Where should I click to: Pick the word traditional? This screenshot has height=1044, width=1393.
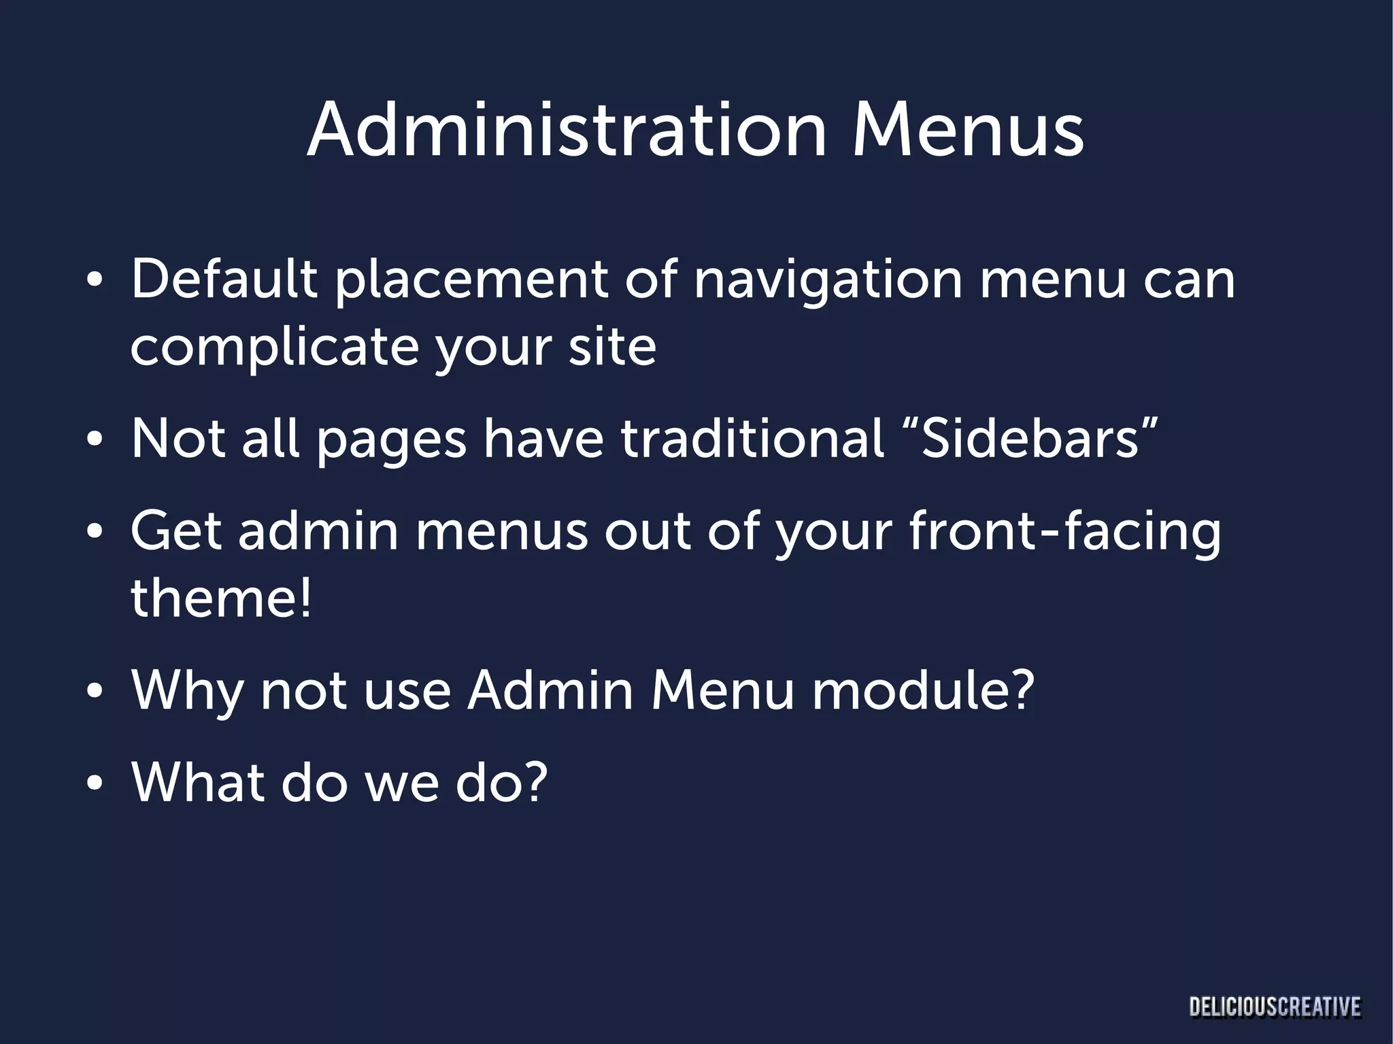point(752,438)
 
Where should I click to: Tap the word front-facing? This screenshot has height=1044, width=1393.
point(1064,532)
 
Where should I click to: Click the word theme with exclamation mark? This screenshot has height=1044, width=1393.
point(221,598)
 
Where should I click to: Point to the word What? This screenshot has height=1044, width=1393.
point(198,782)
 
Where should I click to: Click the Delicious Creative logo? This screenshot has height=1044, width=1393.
point(1275,1007)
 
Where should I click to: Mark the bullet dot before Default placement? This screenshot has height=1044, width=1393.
point(95,281)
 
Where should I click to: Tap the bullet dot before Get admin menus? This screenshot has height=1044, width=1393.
point(95,533)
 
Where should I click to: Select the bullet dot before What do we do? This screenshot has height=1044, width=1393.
point(95,784)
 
